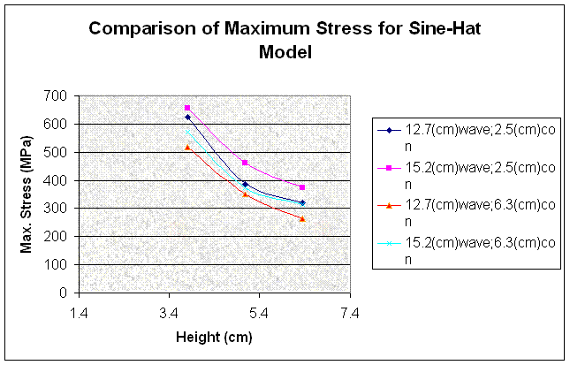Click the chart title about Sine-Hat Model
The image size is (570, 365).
tap(284, 40)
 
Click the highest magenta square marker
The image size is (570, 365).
tap(187, 108)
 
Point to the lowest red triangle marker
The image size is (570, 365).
tap(302, 218)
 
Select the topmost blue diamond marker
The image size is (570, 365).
tap(187, 117)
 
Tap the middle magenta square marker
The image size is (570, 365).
tap(245, 163)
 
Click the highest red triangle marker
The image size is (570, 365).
tap(187, 147)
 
